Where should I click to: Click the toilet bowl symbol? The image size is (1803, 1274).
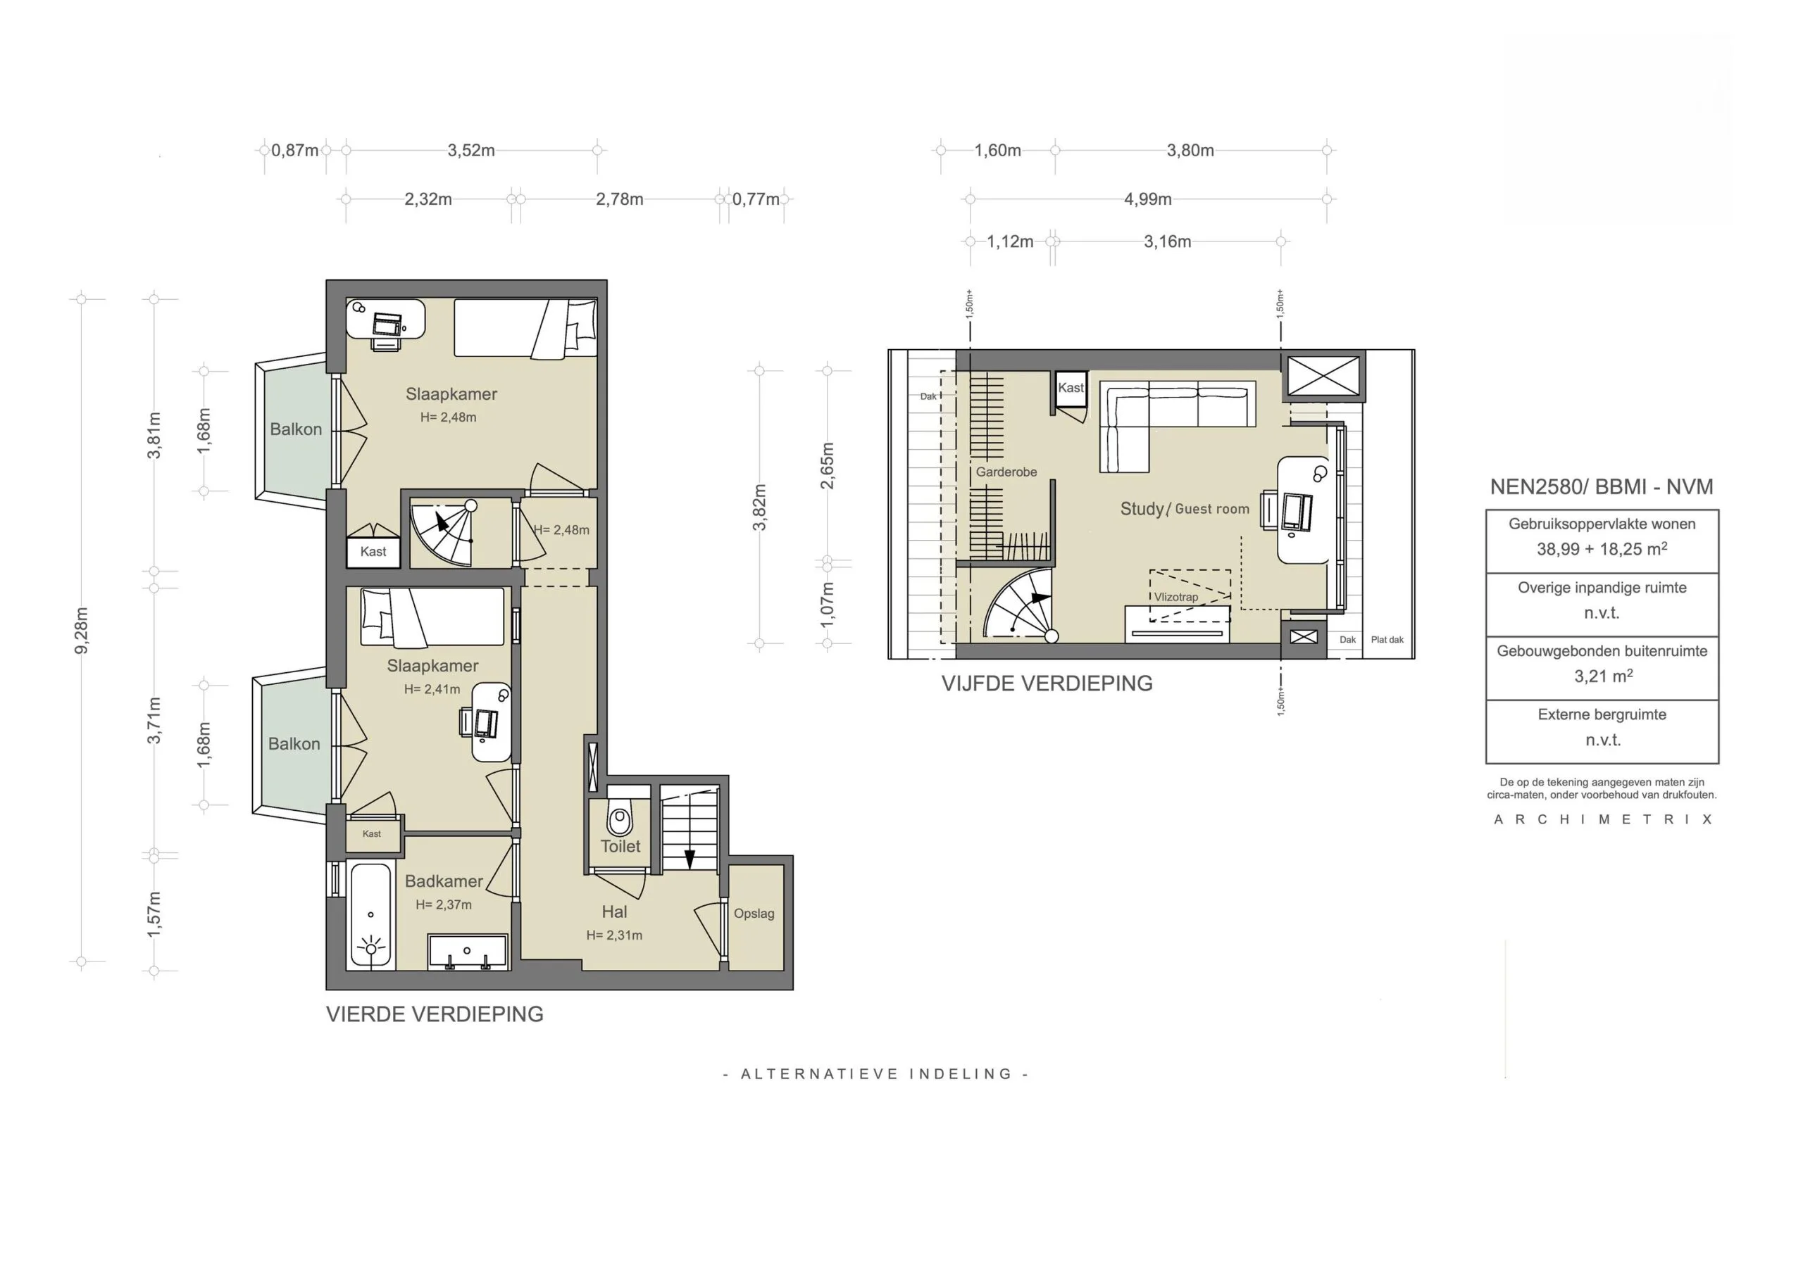click(x=620, y=821)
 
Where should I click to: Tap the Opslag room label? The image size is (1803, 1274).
click(x=754, y=914)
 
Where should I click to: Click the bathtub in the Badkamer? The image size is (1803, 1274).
click(x=370, y=917)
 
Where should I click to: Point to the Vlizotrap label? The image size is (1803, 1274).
click(x=1175, y=598)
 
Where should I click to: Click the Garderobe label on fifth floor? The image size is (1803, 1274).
click(x=1006, y=472)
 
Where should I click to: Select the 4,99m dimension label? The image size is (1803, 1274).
click(x=1147, y=199)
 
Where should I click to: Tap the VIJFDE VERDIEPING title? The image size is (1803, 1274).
click(x=1047, y=683)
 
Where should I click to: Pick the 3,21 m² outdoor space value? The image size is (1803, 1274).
click(x=1603, y=676)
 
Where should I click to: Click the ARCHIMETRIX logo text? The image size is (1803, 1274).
click(x=1603, y=819)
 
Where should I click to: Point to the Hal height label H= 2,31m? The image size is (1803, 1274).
click(x=614, y=935)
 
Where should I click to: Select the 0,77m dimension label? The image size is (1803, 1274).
click(x=756, y=199)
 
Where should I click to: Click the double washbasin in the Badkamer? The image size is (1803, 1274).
click(x=468, y=952)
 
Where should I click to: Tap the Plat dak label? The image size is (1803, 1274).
click(x=1387, y=640)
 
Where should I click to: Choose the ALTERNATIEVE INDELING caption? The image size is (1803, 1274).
click(x=875, y=1074)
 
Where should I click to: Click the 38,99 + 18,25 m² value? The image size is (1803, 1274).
click(x=1602, y=549)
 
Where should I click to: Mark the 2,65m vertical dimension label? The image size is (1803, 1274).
click(x=827, y=465)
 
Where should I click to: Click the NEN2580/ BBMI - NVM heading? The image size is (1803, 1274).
click(x=1602, y=486)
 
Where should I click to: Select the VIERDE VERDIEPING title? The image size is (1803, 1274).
click(x=435, y=1014)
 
